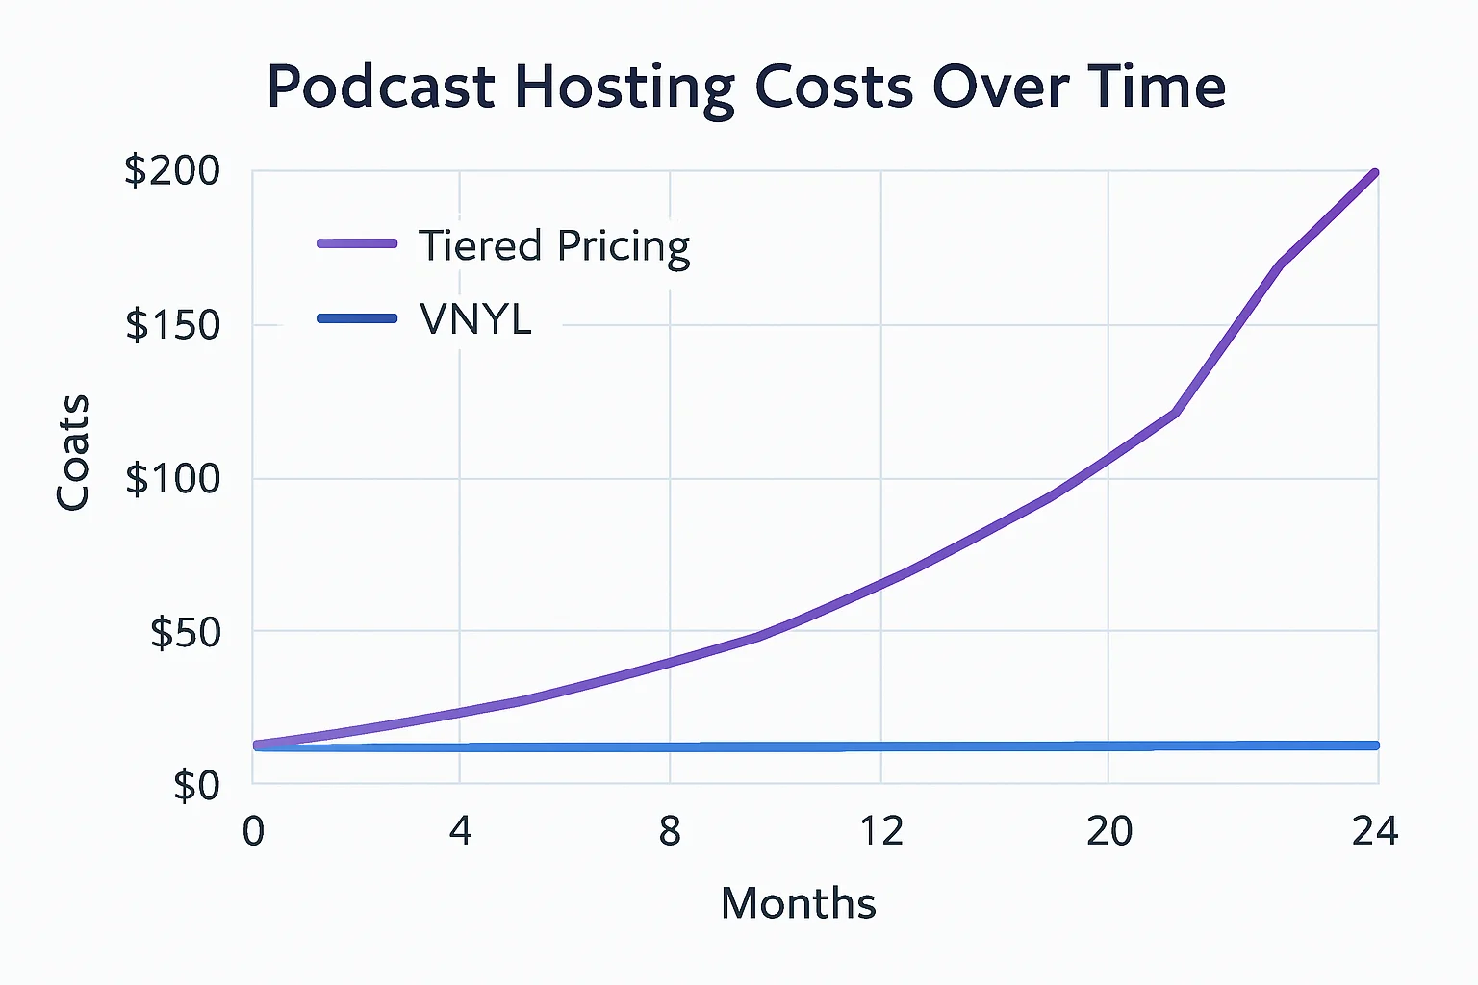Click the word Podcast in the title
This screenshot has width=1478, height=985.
[x=380, y=88]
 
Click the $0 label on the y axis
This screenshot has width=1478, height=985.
[x=196, y=786]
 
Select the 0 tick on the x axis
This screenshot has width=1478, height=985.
[x=253, y=831]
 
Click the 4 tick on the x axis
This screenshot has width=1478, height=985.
[x=460, y=831]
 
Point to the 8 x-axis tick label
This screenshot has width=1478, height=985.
[x=670, y=831]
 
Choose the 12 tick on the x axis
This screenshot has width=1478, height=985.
[x=880, y=831]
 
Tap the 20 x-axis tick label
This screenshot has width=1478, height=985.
[x=1108, y=831]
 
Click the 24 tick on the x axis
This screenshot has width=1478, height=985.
[x=1374, y=831]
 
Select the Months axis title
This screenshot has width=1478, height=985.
[x=798, y=903]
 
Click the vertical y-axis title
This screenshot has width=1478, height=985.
[x=73, y=452]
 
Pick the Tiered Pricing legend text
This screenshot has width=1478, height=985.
[x=554, y=246]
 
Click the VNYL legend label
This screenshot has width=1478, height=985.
[x=475, y=319]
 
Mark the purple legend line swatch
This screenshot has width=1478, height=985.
[x=357, y=244]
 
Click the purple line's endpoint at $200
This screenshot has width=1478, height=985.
[x=1375, y=173]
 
